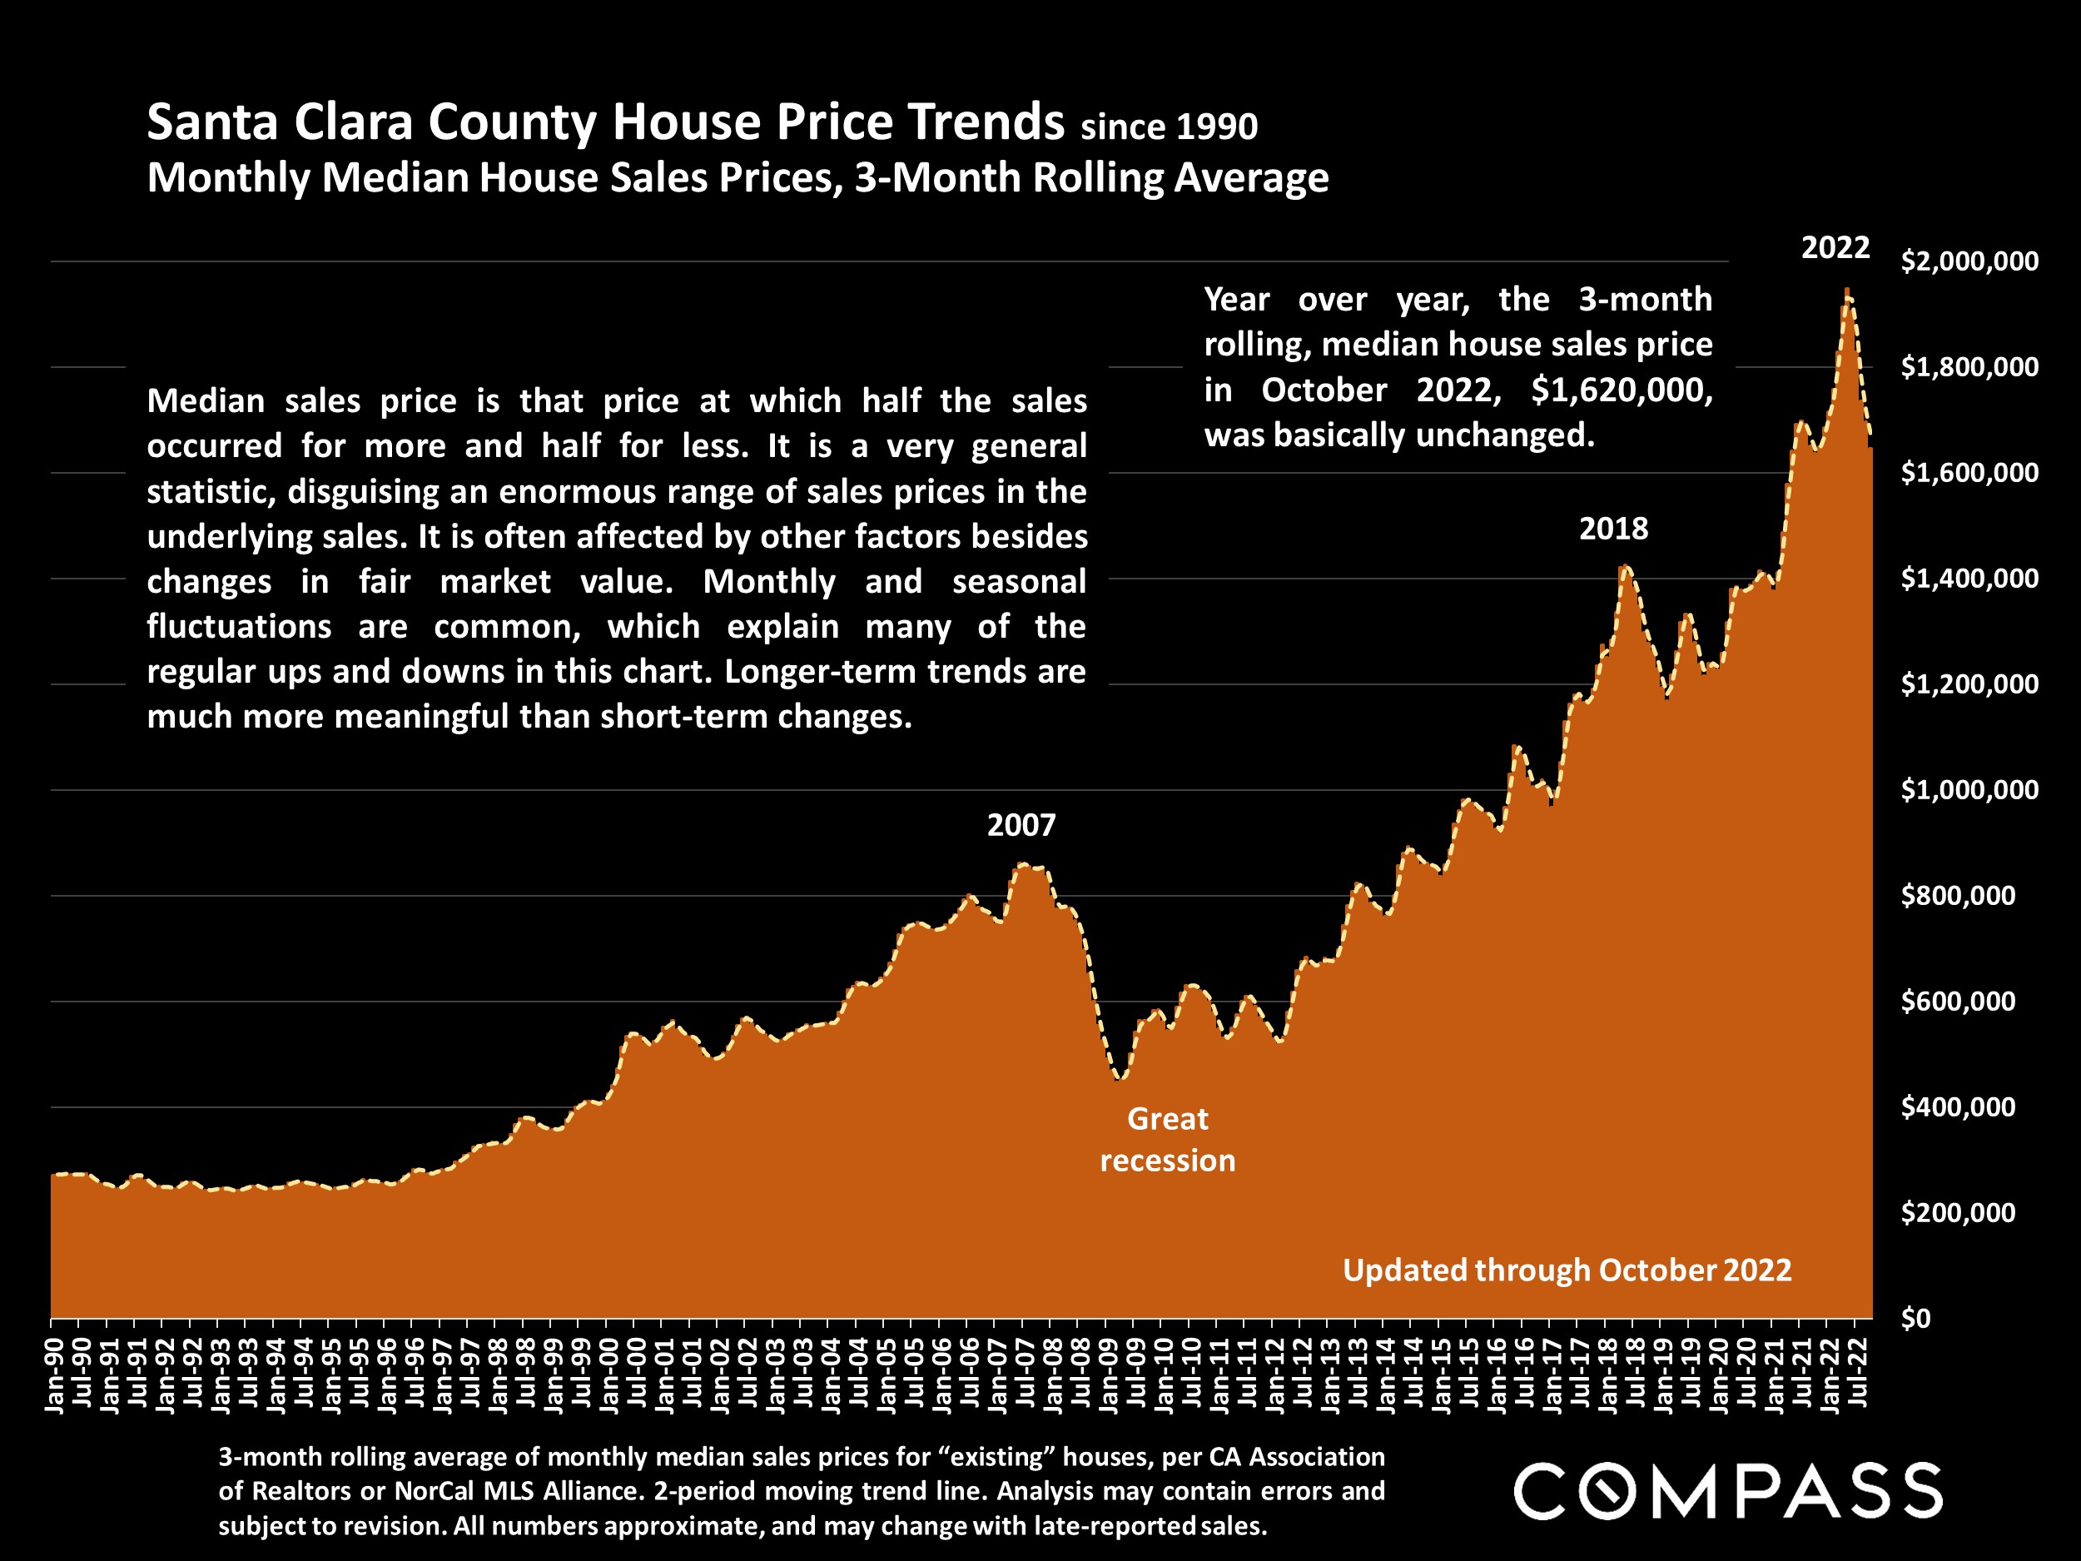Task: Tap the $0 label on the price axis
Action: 1915,1318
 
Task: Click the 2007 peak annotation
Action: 1021,825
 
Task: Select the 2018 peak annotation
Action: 1613,529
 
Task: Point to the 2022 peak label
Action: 1835,247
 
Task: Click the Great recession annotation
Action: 1168,1140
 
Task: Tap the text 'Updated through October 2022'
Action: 1567,1270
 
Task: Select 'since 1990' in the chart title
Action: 1169,126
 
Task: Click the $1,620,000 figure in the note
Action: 1621,390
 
